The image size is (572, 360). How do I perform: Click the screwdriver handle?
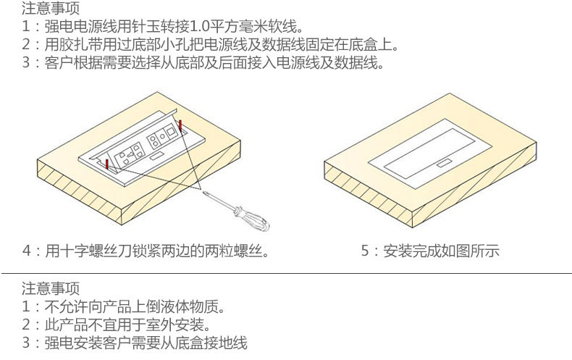click(253, 218)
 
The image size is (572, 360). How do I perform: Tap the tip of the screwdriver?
click(203, 192)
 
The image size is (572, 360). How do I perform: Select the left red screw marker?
click(107, 164)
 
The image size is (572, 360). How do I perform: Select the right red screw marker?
click(180, 125)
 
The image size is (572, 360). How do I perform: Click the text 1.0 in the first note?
click(200, 26)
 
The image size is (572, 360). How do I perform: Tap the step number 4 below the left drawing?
click(27, 251)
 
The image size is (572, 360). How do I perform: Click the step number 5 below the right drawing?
click(365, 251)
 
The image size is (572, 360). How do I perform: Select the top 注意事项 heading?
click(51, 8)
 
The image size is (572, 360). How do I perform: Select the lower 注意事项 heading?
click(51, 288)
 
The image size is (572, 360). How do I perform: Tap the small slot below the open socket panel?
click(157, 156)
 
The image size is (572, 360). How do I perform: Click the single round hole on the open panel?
click(162, 136)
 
